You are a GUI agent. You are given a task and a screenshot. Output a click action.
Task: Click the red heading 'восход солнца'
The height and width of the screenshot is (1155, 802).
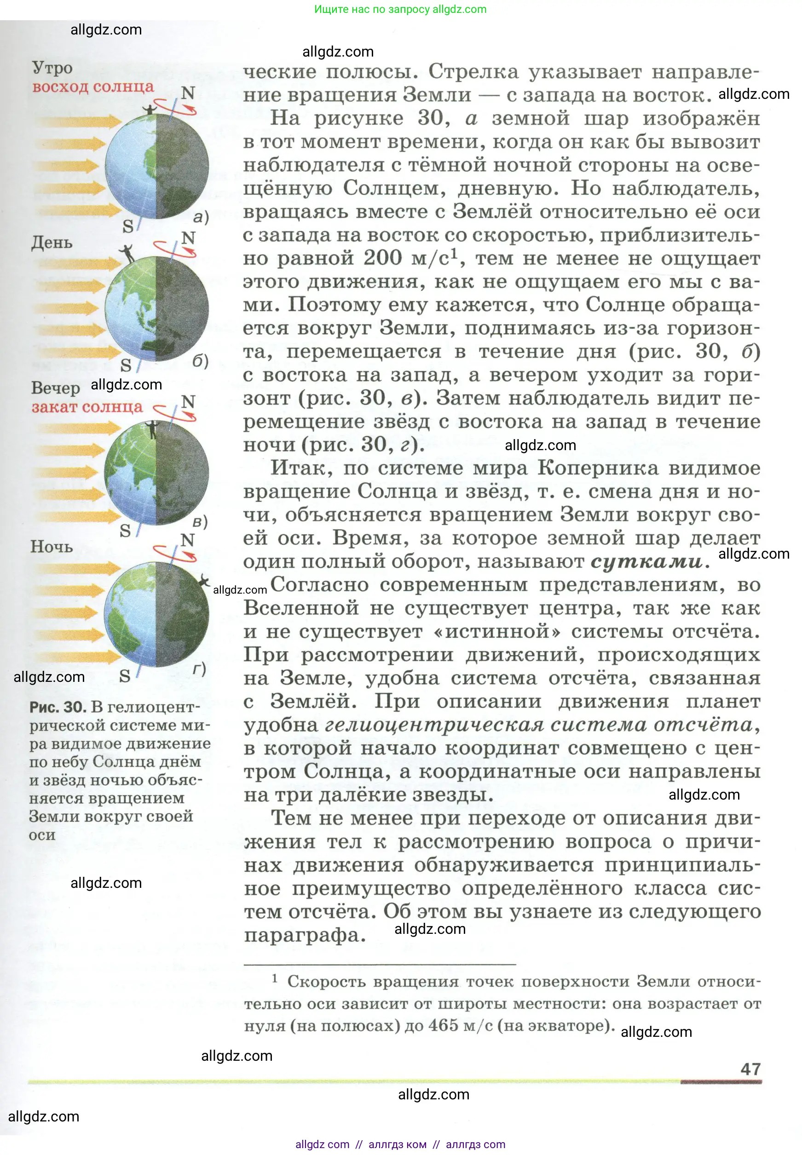click(93, 87)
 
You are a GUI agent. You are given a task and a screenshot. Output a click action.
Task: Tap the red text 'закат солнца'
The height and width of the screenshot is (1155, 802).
click(87, 407)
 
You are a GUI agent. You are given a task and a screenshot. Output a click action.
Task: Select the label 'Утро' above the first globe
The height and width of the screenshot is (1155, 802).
click(52, 67)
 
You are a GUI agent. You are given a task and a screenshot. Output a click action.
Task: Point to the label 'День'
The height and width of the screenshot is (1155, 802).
click(52, 243)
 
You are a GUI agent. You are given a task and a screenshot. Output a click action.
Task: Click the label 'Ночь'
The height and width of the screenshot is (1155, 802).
click(51, 546)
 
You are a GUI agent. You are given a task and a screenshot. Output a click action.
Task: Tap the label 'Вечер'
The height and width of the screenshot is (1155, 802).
click(55, 388)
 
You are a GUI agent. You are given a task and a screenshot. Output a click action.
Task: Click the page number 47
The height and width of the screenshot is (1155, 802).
click(750, 1069)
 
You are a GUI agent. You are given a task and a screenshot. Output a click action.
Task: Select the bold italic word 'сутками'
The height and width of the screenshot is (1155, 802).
click(646, 561)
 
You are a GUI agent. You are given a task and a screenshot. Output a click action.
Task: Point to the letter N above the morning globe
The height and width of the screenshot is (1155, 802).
click(188, 93)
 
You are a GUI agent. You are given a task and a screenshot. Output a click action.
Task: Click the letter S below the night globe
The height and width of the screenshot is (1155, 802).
click(125, 676)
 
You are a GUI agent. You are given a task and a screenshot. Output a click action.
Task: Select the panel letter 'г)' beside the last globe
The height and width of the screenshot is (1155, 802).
click(199, 669)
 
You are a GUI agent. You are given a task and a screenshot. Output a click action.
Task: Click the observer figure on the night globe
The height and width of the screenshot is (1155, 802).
click(203, 582)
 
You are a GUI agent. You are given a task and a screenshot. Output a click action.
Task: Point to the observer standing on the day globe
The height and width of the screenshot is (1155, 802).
click(127, 254)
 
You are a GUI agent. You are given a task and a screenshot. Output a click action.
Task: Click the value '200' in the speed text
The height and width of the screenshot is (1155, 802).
click(383, 258)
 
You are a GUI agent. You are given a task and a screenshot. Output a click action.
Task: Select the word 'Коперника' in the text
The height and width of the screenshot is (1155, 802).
click(598, 468)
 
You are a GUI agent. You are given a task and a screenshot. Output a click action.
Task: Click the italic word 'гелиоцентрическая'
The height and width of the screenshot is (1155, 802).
click(435, 725)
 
